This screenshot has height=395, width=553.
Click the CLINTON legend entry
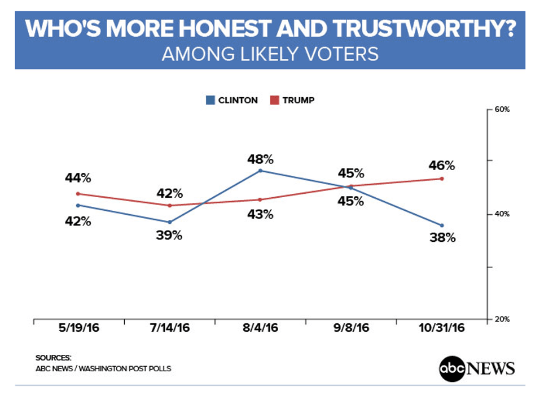point(232,101)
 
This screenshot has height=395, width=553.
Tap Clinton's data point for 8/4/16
point(260,170)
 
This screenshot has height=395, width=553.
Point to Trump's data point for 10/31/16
point(441,179)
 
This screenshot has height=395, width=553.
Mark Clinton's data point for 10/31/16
point(441,225)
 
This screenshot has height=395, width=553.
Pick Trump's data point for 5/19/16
point(78,193)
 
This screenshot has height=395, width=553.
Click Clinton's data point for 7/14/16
point(169,222)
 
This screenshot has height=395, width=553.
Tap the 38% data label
point(441,238)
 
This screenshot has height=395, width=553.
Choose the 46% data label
point(441,166)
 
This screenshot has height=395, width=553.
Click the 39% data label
point(169,235)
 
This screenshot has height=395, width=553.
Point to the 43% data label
point(260,214)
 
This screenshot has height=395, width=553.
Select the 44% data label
point(78,178)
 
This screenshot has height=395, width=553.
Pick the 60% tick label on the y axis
point(502,110)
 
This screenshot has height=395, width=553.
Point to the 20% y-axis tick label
point(502,319)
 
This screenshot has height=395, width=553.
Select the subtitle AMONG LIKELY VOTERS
point(270,54)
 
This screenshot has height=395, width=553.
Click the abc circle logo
point(450,368)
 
